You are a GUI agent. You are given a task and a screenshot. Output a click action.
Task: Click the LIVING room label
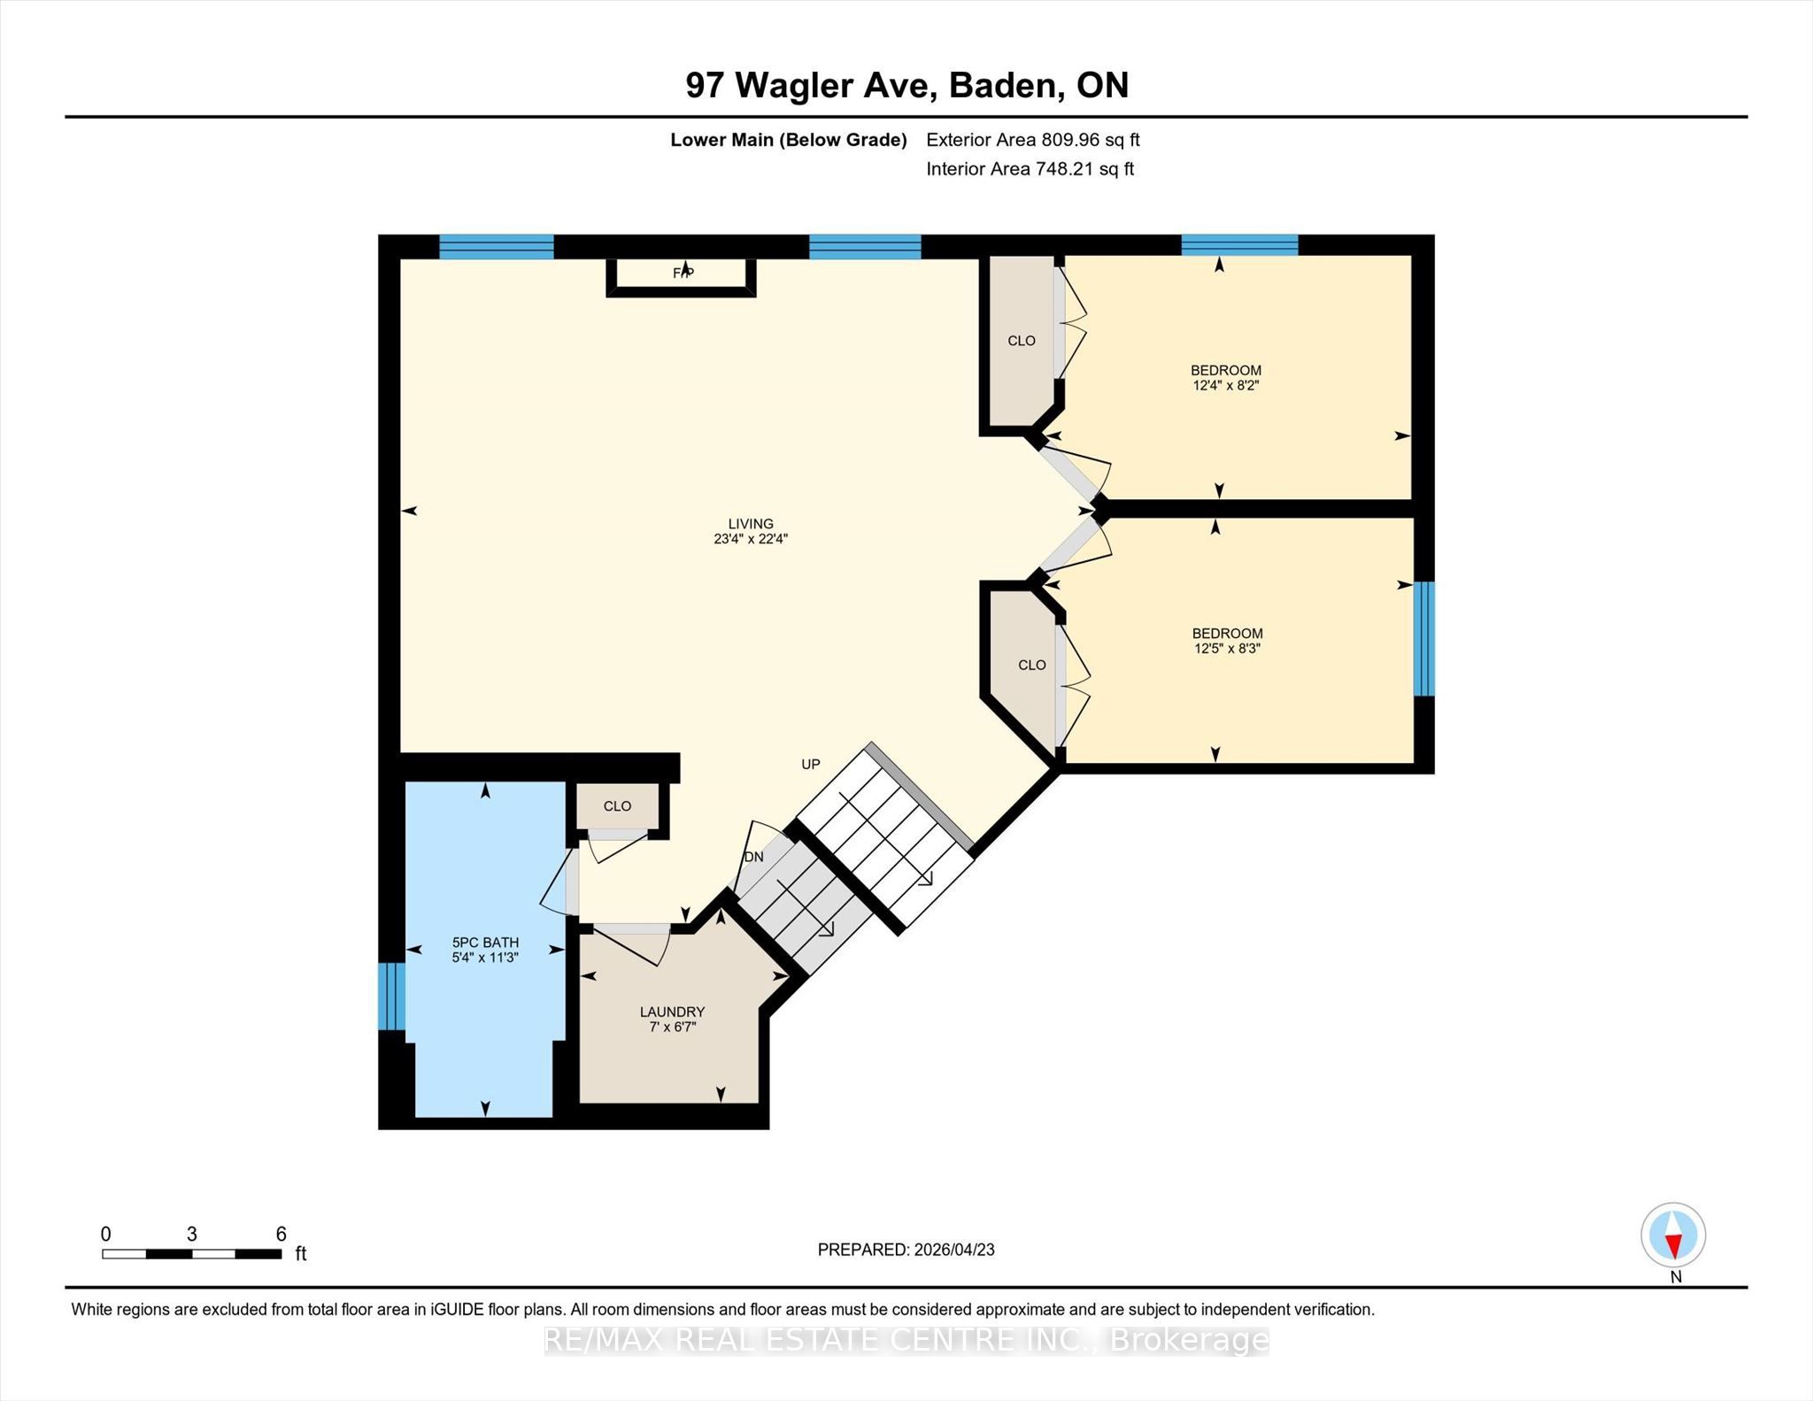[751, 524]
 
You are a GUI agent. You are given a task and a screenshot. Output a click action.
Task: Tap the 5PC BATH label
[485, 943]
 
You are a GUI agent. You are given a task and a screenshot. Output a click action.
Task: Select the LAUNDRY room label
[672, 1012]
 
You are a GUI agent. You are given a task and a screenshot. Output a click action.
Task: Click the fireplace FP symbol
[683, 273]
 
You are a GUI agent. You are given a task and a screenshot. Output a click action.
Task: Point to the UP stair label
[811, 765]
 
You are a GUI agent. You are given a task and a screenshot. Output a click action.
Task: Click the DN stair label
[753, 857]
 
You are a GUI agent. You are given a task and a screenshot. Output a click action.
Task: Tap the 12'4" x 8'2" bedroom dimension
[1226, 386]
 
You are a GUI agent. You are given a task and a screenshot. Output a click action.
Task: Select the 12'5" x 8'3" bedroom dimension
[1227, 649]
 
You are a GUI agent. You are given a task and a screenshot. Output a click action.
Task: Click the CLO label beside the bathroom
[617, 806]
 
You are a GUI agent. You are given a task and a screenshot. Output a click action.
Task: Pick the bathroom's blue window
[391, 997]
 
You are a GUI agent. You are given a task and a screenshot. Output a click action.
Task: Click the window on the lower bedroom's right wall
[1423, 639]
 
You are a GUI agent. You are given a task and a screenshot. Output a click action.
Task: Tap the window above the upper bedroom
[1239, 245]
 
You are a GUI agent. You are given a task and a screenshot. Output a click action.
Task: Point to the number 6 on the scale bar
[282, 1234]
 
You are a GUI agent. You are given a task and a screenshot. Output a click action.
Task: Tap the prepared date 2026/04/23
[954, 1250]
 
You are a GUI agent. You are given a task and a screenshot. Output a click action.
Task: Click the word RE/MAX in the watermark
[606, 1341]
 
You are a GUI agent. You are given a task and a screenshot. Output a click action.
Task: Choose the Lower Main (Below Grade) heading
[789, 140]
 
